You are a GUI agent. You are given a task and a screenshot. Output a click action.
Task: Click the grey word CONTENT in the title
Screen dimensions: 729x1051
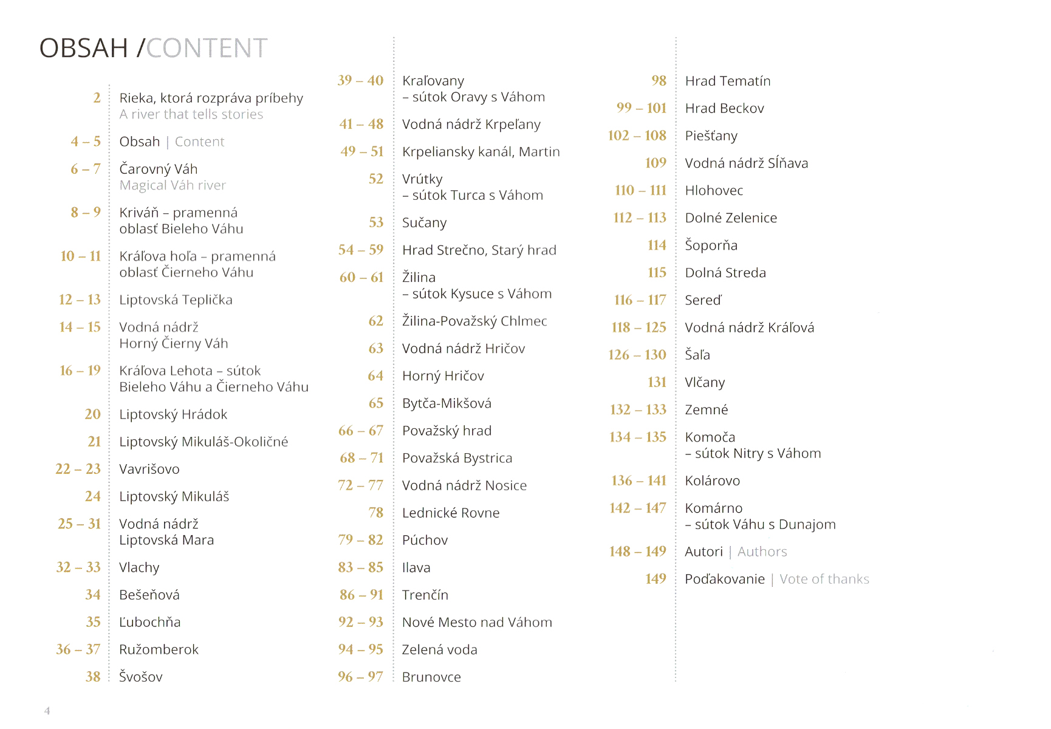[x=207, y=49]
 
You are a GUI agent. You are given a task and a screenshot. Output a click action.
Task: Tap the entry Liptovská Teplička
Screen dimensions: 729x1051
[x=176, y=300]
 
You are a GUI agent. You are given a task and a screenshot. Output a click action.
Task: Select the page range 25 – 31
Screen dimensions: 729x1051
[x=79, y=524]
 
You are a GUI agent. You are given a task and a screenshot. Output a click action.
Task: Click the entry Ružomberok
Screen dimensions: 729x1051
[x=159, y=649]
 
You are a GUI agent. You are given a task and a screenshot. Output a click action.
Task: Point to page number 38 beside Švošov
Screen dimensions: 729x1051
[x=93, y=677]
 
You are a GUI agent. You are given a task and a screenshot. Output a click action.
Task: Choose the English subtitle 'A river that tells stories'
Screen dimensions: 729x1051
[x=191, y=115]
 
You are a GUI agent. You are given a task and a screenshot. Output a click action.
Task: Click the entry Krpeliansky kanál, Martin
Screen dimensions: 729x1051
[x=481, y=152]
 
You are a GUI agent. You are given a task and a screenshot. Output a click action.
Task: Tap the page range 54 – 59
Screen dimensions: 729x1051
[x=361, y=250]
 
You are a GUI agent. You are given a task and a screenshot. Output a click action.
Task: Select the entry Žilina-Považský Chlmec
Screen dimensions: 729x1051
[x=474, y=321]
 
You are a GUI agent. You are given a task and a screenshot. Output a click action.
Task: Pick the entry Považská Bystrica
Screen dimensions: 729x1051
[x=457, y=458]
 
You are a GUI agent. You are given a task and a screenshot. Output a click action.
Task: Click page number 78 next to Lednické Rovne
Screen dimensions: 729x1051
[x=375, y=513]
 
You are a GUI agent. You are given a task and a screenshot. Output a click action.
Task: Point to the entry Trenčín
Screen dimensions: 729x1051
[x=425, y=595]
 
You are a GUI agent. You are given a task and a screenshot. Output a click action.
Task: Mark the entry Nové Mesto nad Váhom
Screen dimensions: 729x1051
[x=477, y=623]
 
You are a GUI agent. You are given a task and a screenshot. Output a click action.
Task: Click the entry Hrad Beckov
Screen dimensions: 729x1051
[x=724, y=109]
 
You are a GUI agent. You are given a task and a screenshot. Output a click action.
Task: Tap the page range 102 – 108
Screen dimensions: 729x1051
[x=637, y=135]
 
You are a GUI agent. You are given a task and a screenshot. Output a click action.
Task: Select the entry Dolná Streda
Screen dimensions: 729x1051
[x=725, y=273]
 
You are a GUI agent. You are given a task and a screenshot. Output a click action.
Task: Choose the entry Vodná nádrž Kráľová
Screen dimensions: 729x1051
[x=749, y=328]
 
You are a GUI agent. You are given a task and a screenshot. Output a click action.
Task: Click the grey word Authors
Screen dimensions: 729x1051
[x=762, y=552]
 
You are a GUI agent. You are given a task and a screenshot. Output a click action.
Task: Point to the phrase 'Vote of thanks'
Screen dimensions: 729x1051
[x=824, y=580]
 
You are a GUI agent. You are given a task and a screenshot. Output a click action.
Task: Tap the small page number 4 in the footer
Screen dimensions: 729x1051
[x=47, y=711]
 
